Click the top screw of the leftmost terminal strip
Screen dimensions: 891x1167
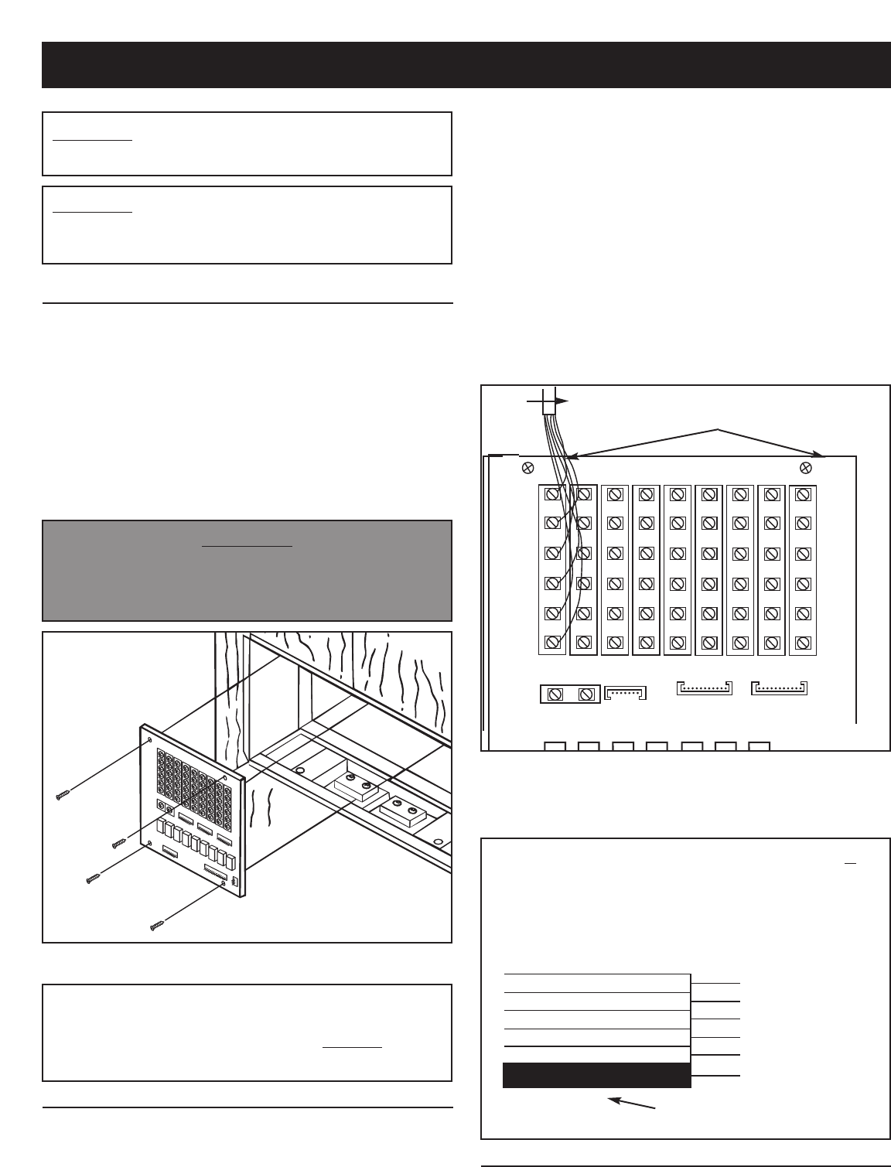(553, 493)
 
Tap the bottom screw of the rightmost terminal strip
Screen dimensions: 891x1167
(803, 642)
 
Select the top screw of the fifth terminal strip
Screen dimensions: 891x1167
(678, 493)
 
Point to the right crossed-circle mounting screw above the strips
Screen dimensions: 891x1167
(805, 467)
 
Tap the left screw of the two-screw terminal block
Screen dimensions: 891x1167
(554, 694)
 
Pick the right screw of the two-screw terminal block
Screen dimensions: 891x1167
(585, 694)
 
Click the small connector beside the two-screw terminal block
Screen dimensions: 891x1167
(624, 692)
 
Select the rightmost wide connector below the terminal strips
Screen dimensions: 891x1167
(779, 687)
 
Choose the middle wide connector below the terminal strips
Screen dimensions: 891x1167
(703, 687)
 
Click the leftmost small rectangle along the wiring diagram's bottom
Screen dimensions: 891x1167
(555, 746)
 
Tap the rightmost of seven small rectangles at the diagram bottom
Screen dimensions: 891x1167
(760, 746)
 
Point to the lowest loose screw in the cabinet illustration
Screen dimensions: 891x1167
(158, 924)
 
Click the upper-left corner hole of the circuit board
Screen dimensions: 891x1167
(150, 739)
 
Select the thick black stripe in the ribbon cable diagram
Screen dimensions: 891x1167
(596, 1075)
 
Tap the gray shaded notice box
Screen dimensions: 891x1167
(247, 571)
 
